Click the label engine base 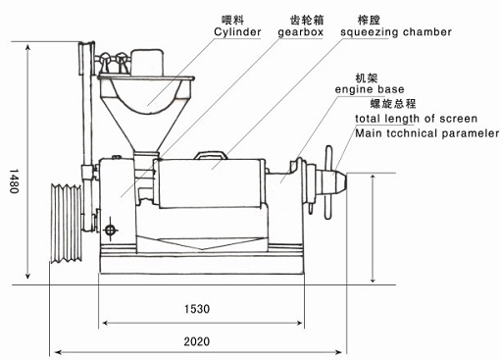tap(392, 89)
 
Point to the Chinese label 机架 tap(369, 76)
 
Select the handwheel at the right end tap(326, 178)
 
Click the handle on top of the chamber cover tap(211, 153)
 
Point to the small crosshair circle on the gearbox tap(111, 231)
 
